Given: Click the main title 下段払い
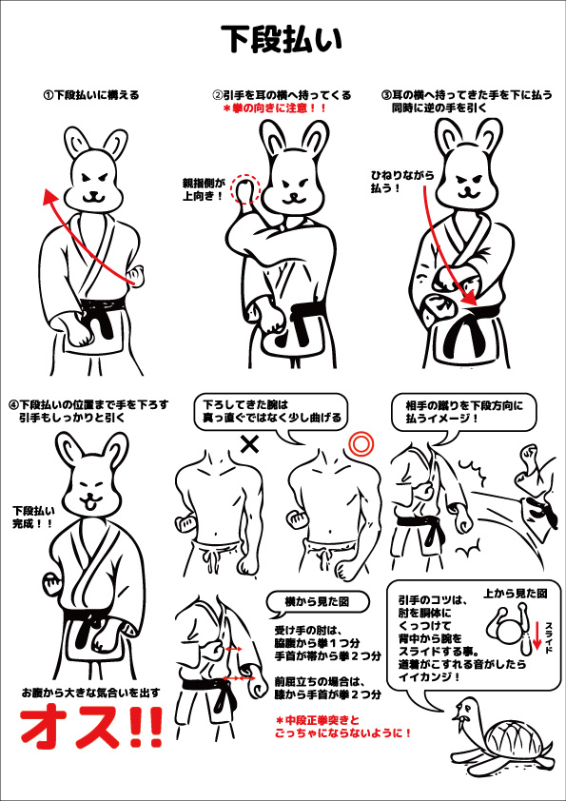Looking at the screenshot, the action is [x=281, y=40].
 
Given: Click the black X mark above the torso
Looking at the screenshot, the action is [x=250, y=444].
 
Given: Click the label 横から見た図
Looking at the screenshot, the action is [x=317, y=601].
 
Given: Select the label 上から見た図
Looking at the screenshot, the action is [x=515, y=594].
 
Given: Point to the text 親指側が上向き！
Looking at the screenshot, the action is [x=204, y=188].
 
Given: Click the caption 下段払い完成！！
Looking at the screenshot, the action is [x=32, y=516].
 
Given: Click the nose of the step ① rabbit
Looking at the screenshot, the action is [x=92, y=193].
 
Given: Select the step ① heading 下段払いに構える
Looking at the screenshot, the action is [x=91, y=95].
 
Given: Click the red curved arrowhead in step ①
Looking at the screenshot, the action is [x=48, y=196].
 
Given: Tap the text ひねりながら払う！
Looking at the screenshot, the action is [x=402, y=182].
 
